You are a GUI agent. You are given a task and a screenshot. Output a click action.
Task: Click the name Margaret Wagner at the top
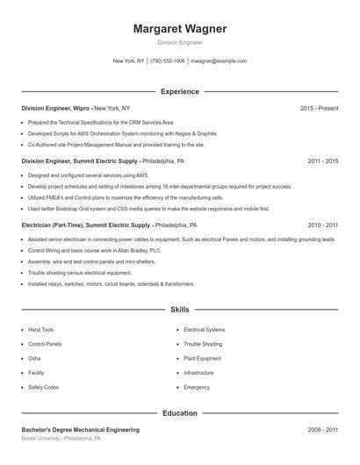[x=180, y=29]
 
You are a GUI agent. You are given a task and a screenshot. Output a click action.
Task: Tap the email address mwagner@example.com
[x=219, y=61]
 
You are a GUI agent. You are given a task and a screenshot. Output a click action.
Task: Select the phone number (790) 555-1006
[x=167, y=61]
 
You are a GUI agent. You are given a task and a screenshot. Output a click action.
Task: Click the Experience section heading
[x=180, y=91]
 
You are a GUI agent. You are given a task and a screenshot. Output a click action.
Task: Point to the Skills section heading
[x=180, y=310]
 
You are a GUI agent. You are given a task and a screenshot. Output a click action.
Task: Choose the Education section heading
[x=180, y=412]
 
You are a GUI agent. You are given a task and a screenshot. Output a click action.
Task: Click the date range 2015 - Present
[x=319, y=108]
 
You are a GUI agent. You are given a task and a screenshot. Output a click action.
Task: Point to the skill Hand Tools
[x=41, y=330]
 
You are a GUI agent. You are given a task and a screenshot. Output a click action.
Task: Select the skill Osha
[x=34, y=358]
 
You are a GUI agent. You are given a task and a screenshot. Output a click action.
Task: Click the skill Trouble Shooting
[x=203, y=344]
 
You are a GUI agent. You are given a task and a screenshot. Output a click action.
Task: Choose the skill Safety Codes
[x=43, y=387]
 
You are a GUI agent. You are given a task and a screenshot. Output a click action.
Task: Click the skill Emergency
[x=197, y=387]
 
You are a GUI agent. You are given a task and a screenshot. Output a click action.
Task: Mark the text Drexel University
[x=43, y=438]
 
